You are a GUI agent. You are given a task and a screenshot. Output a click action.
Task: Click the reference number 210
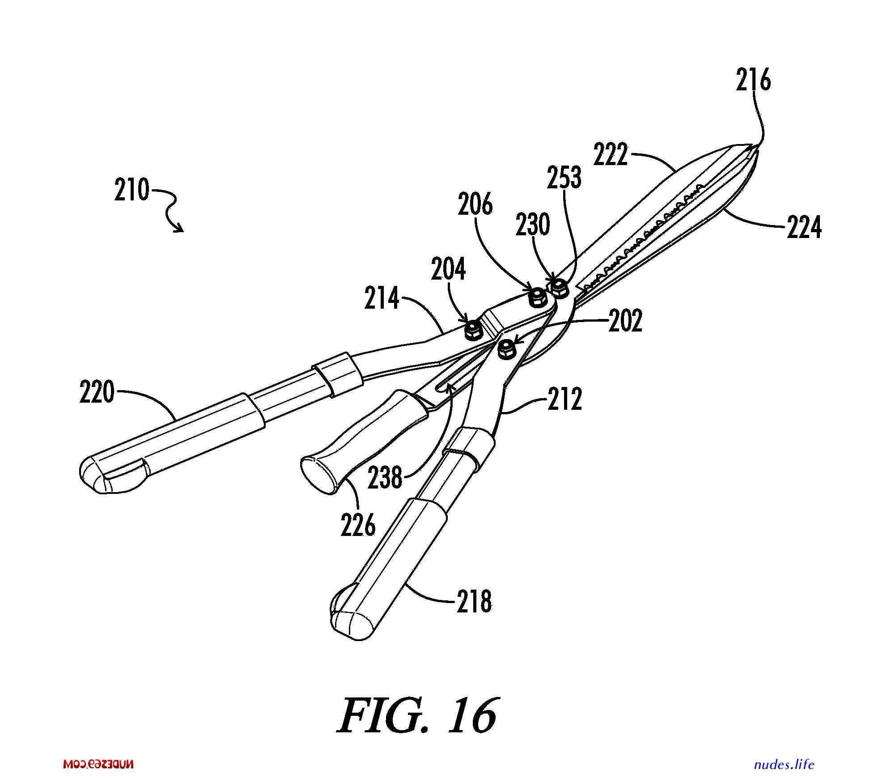(x=132, y=190)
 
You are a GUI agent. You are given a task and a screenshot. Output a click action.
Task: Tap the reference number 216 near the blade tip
(x=754, y=81)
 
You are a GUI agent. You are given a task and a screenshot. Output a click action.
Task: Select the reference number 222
(x=611, y=155)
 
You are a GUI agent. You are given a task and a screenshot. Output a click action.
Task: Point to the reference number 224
(x=804, y=227)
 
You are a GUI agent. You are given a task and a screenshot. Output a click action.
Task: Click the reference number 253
(x=564, y=177)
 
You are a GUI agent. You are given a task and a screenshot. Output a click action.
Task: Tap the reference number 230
(x=532, y=225)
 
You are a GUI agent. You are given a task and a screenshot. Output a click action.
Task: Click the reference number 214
(x=382, y=298)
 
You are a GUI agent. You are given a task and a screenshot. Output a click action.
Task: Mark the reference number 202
(x=625, y=320)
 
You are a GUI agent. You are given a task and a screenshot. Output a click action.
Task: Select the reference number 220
(x=98, y=392)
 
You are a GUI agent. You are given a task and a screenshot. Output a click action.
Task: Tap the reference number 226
(x=358, y=524)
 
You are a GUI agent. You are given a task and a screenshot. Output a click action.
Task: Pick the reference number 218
(x=474, y=601)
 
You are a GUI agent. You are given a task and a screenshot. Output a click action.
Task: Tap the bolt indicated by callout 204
(x=472, y=331)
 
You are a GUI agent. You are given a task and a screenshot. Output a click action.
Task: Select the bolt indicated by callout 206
(x=537, y=297)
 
